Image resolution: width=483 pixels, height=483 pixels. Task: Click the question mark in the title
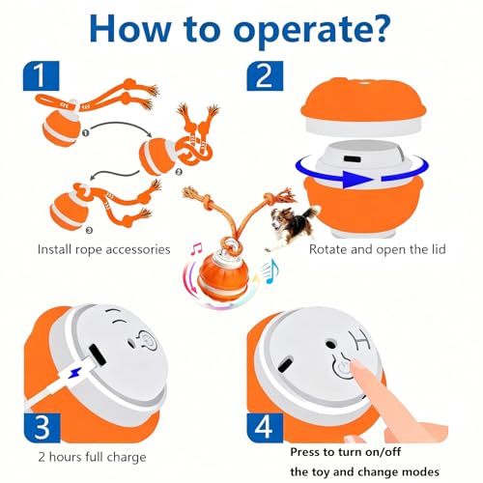pos(377,28)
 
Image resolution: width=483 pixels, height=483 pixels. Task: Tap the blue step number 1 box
pos(42,75)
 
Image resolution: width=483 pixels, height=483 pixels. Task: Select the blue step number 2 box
pos(265,75)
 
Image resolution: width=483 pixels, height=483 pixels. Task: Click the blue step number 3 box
pos(42,428)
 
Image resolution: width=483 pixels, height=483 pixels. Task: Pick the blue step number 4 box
pos(265,428)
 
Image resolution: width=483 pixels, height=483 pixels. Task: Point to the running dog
pos(293,227)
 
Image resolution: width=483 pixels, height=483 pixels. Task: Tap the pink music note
pos(195,249)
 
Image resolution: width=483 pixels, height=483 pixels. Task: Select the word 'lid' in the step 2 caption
pos(440,249)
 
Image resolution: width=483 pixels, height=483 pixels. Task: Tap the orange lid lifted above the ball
pos(363,105)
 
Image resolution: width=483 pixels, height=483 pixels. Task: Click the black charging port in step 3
pos(98,355)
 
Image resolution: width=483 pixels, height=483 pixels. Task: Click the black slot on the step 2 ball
pos(353,159)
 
